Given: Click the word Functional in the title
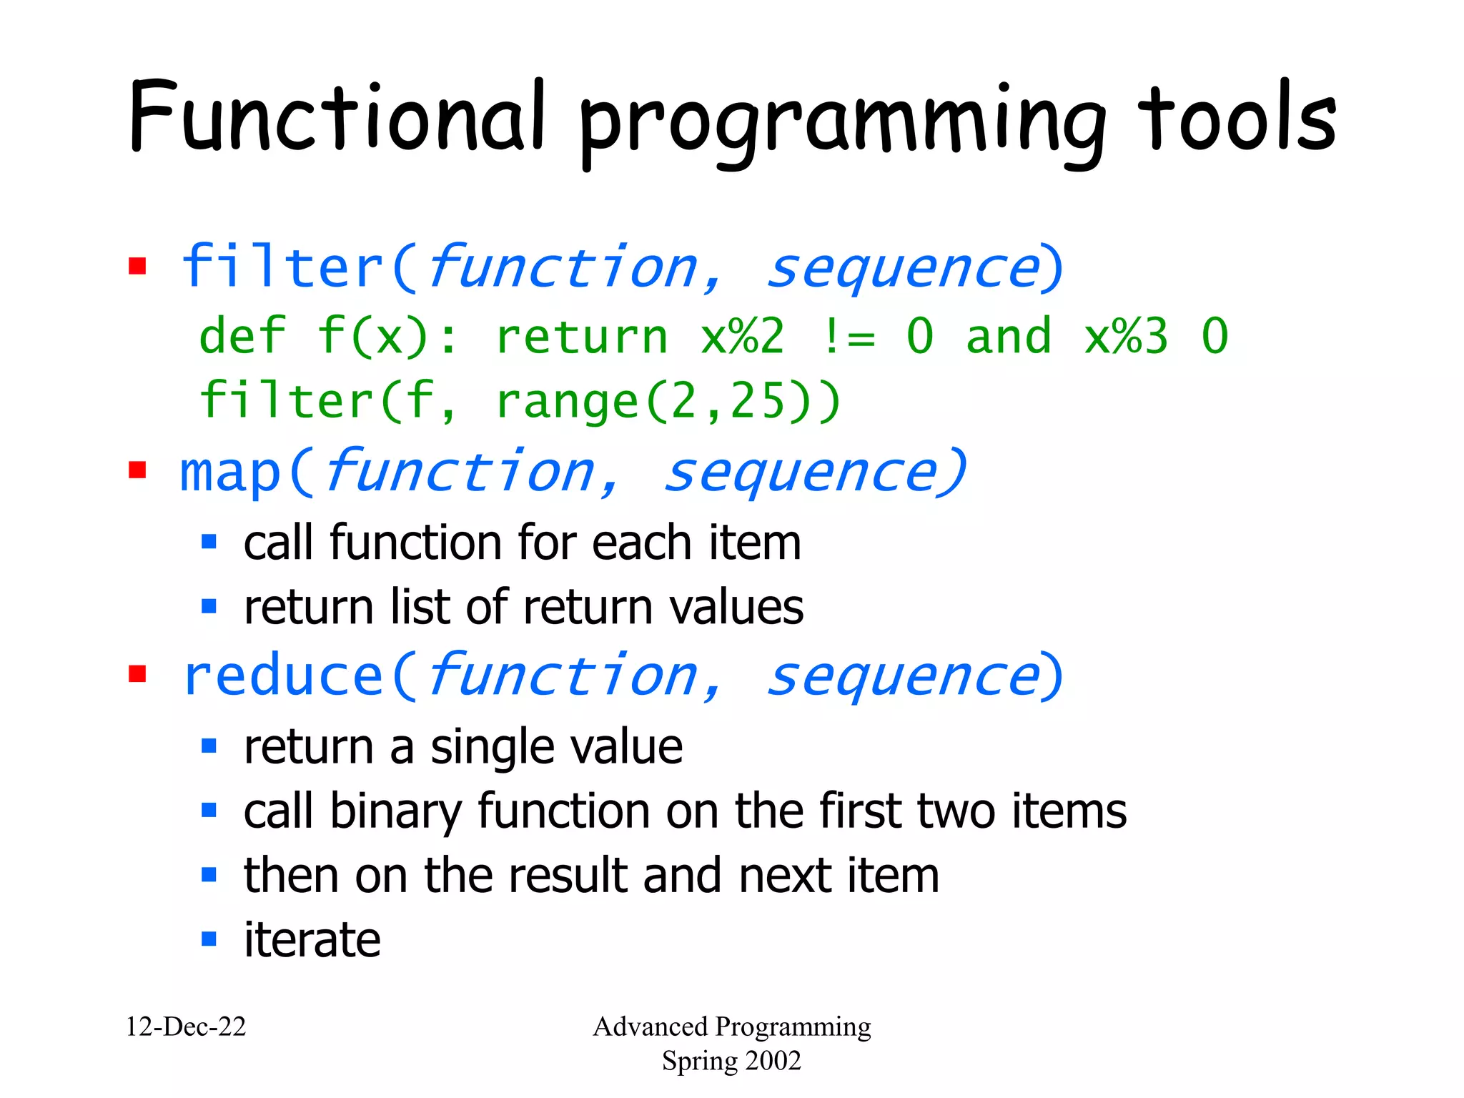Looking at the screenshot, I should [336, 118].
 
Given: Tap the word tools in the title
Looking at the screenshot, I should [1237, 118].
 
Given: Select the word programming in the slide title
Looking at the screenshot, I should [844, 125].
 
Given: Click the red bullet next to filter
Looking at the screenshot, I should [137, 267].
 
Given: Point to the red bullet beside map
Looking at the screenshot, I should [137, 470].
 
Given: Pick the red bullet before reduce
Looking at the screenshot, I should [137, 674].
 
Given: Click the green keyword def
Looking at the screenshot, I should [242, 335].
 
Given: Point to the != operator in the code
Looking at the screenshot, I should [849, 336].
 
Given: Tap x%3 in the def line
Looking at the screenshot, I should [1126, 336].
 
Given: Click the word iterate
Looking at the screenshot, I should [312, 939].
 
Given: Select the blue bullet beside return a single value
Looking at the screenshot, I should [209, 746].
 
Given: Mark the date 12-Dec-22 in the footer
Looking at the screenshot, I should [186, 1027].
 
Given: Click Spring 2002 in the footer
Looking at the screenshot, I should [731, 1061].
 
